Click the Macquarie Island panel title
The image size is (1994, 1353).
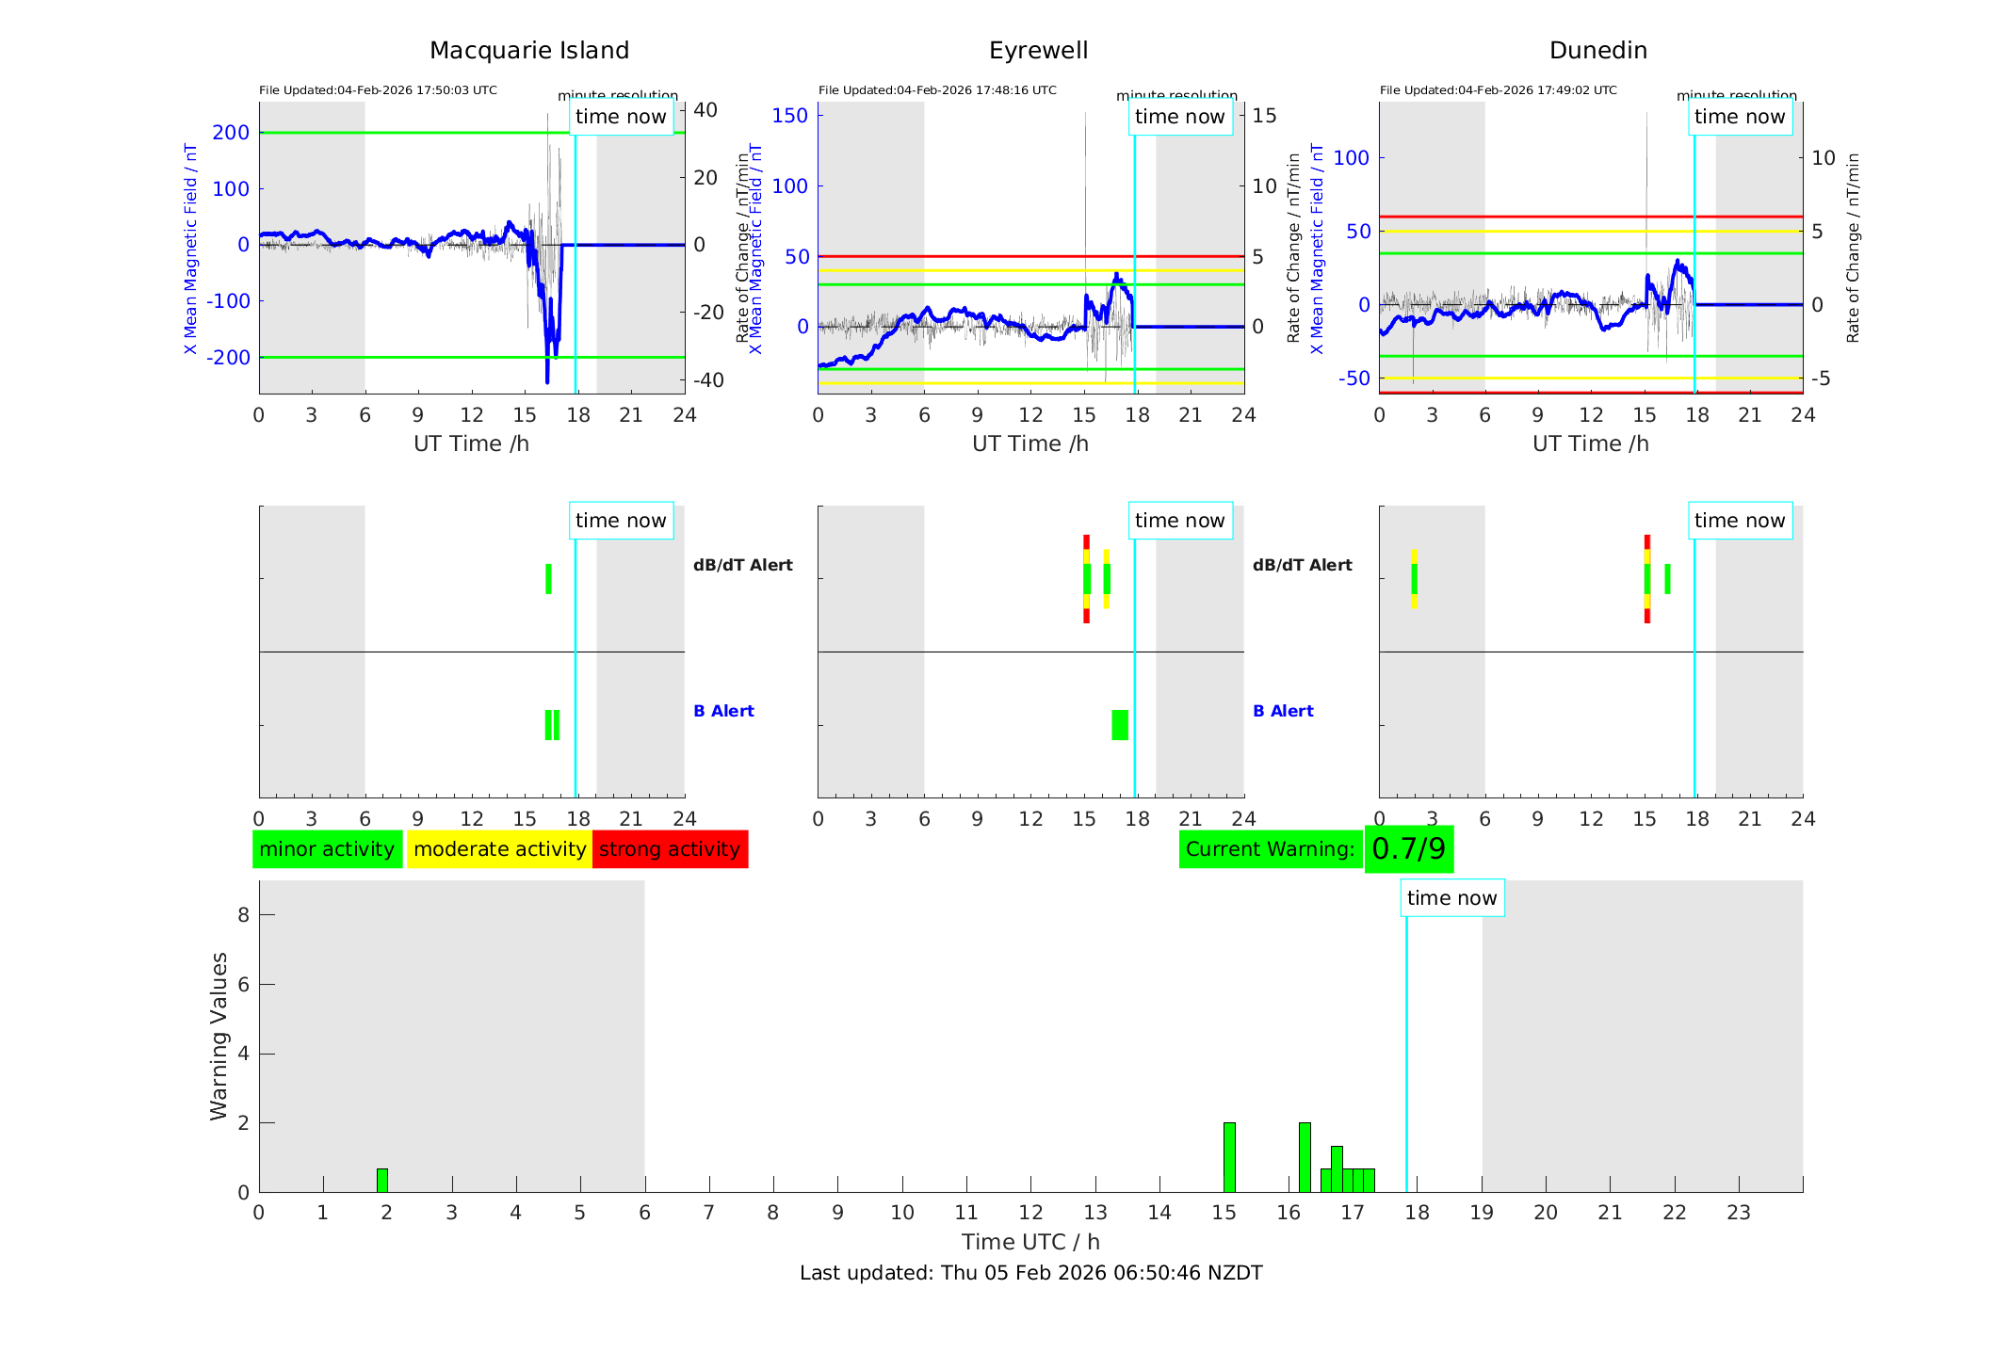[x=528, y=51]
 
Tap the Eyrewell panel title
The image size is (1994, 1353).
[x=1038, y=51]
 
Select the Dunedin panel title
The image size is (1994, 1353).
[x=1597, y=51]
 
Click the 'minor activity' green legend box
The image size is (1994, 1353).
[x=327, y=849]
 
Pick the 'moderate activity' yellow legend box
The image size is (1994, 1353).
[x=499, y=849]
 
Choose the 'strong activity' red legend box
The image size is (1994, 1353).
[x=670, y=849]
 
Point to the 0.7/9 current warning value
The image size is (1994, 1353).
[x=1408, y=849]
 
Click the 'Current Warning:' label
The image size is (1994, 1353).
[x=1270, y=849]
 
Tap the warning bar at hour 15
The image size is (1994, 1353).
[x=1229, y=1157]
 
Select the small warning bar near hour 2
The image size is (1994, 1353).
[x=382, y=1181]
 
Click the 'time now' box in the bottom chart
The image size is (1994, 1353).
[x=1451, y=898]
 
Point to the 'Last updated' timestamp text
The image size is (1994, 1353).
[x=1030, y=1273]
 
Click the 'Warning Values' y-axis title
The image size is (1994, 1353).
[x=219, y=1036]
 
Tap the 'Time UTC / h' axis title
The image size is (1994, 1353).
[x=1030, y=1242]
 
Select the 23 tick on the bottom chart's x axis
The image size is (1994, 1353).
[x=1738, y=1213]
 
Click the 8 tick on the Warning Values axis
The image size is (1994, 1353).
[x=243, y=914]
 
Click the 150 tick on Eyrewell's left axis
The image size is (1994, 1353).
[x=789, y=116]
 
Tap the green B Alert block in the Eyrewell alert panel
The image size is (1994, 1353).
[x=1119, y=725]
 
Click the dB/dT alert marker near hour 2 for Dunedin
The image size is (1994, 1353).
[x=1414, y=579]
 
